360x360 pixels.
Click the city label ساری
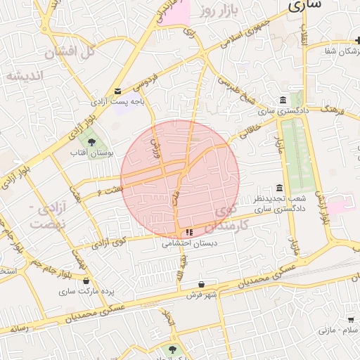pyautogui.click(x=304, y=5)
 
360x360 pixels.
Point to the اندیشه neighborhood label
pyautogui.click(x=25, y=75)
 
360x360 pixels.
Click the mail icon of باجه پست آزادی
pyautogui.click(x=117, y=91)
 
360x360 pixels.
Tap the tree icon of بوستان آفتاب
pyautogui.click(x=91, y=142)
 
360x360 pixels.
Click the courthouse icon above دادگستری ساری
pyautogui.click(x=283, y=100)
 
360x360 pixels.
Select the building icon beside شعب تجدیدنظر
pyautogui.click(x=280, y=188)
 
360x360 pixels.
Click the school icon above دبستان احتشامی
pyautogui.click(x=188, y=233)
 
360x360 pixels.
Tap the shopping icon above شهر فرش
pyautogui.click(x=202, y=284)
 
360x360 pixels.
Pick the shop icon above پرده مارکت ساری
pyautogui.click(x=86, y=281)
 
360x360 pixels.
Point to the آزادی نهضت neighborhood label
pyautogui.click(x=50, y=216)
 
